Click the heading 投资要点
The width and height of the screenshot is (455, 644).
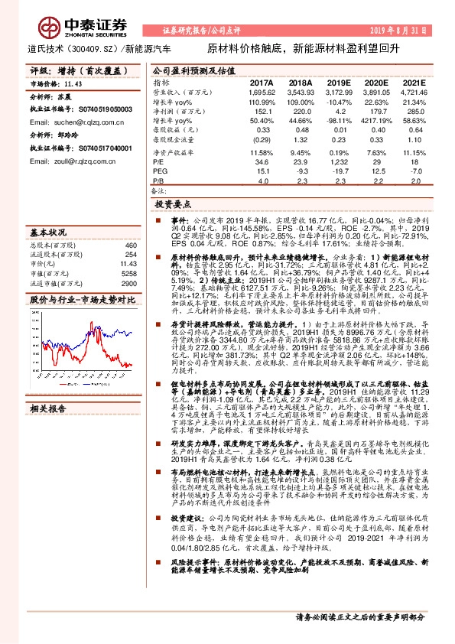(171, 205)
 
